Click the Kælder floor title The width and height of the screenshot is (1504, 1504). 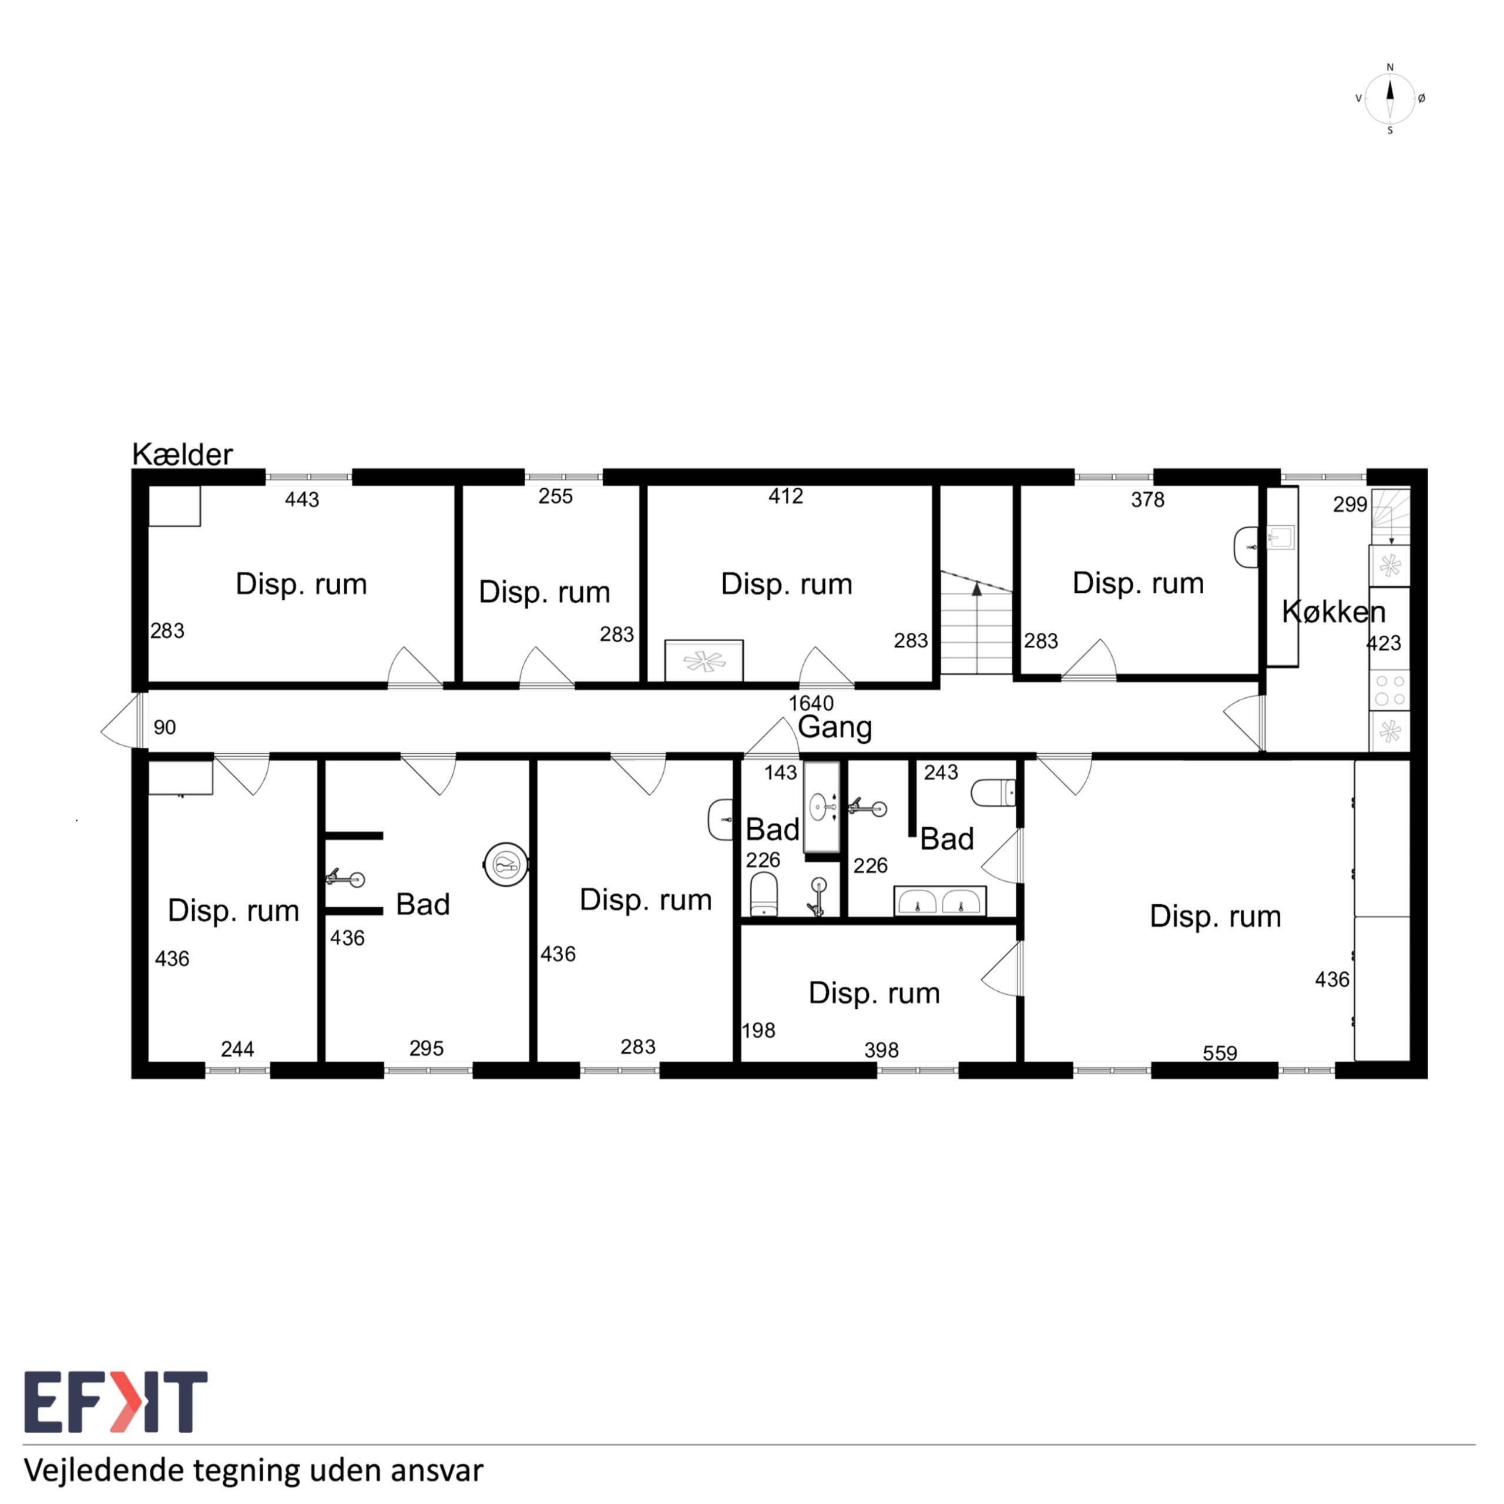(x=182, y=454)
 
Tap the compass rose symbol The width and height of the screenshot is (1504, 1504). (x=1389, y=99)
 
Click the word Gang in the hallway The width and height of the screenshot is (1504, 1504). (x=834, y=728)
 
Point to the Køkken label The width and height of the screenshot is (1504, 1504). (x=1334, y=612)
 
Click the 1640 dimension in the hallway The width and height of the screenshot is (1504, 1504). (x=811, y=703)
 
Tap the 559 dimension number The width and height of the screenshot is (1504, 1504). (x=1220, y=1053)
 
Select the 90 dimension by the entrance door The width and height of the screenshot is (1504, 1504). (x=164, y=727)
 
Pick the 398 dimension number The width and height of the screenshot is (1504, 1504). (x=881, y=1050)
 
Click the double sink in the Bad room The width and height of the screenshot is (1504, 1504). (x=939, y=901)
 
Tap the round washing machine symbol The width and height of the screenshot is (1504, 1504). (x=506, y=864)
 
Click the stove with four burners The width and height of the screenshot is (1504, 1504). (x=1389, y=690)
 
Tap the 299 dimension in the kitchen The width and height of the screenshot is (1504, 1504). (x=1350, y=505)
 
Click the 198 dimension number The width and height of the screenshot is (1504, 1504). (x=759, y=1030)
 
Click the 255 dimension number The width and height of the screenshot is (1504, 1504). (x=556, y=496)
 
